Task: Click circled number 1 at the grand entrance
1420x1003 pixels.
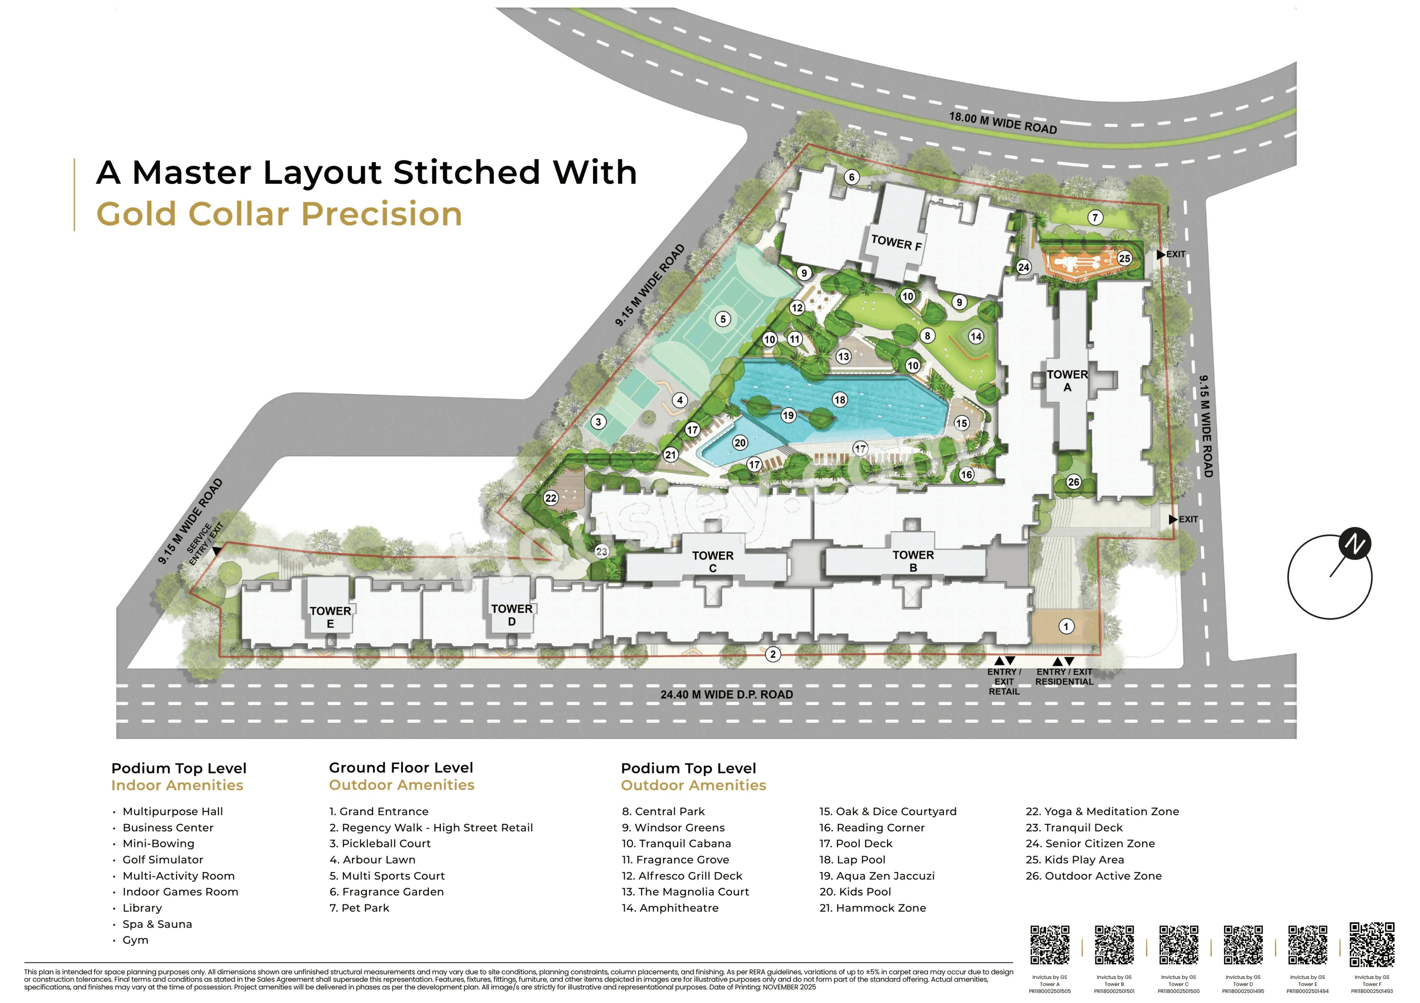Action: [x=1066, y=626]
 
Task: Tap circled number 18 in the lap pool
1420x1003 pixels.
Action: [x=839, y=400]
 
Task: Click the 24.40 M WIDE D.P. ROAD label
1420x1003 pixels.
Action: [x=727, y=695]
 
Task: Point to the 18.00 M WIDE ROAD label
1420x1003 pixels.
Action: [x=1003, y=122]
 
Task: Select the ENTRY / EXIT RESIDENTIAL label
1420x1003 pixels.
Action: [x=1064, y=676]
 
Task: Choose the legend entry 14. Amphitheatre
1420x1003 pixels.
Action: [x=670, y=908]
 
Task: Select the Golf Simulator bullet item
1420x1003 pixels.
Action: [x=163, y=860]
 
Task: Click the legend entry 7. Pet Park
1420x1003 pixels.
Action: [x=359, y=908]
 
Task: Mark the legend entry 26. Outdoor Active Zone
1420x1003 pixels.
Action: [x=1093, y=875]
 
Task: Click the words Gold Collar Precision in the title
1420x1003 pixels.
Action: [x=280, y=214]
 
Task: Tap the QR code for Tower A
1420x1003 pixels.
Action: [x=1050, y=945]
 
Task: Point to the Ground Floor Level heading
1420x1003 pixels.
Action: [x=401, y=767]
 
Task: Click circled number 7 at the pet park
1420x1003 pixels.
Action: [x=1095, y=218]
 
